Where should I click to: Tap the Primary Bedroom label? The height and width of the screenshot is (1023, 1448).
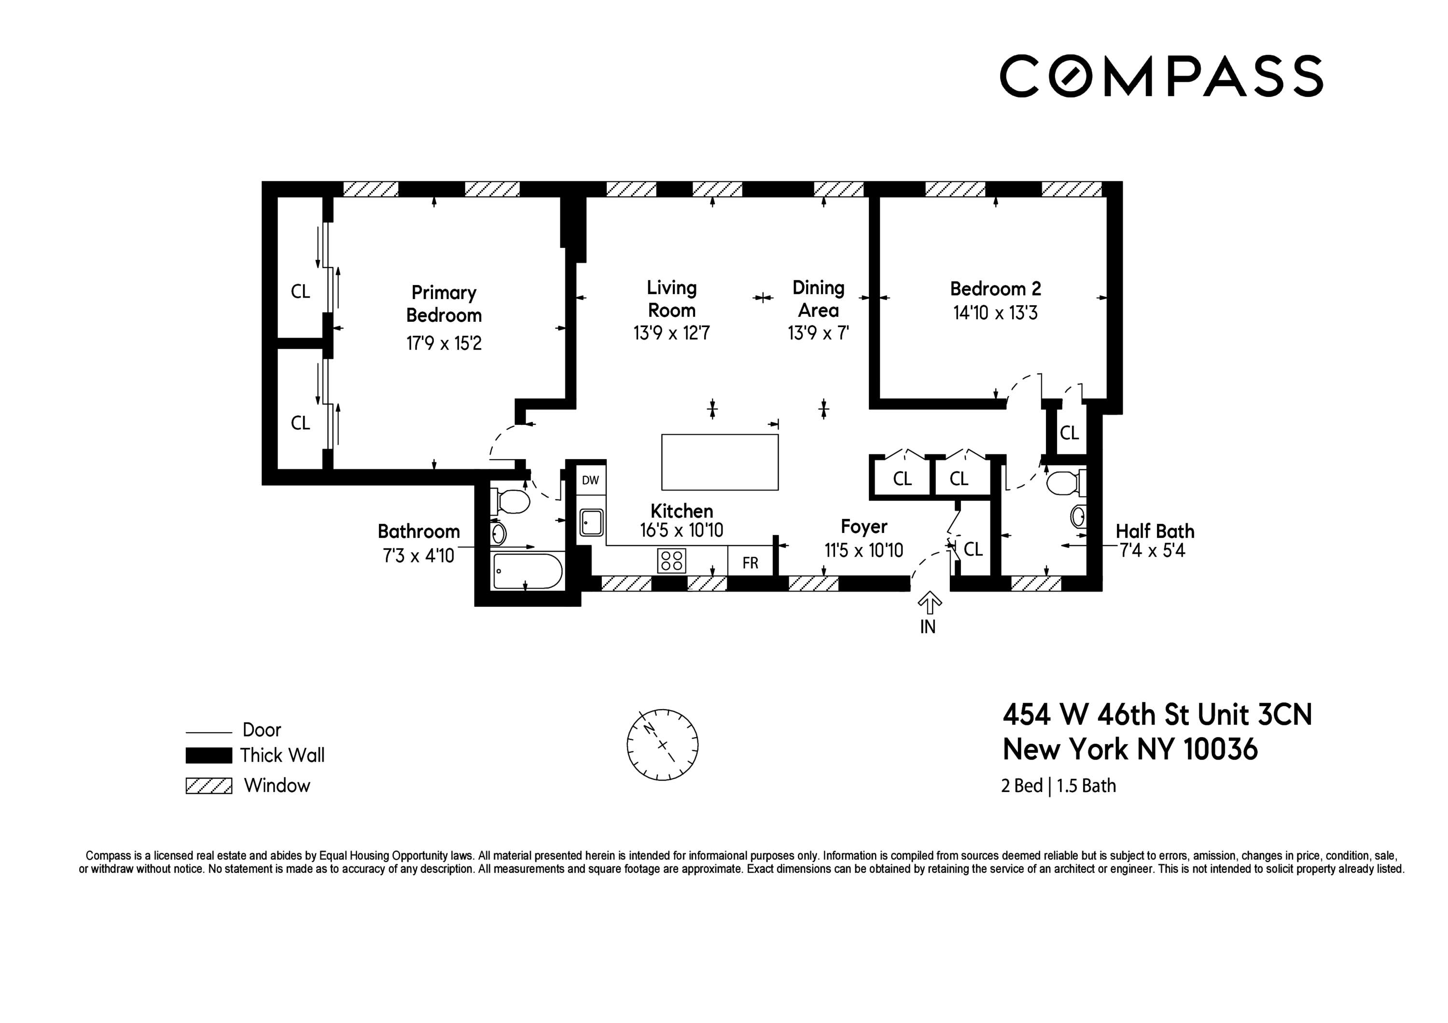[444, 304]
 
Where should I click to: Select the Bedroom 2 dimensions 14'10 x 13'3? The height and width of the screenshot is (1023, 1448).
[995, 313]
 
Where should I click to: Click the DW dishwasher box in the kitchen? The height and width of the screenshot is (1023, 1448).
[590, 480]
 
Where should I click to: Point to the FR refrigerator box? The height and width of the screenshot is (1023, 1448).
[750, 562]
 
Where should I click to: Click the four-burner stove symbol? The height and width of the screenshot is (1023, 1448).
[672, 560]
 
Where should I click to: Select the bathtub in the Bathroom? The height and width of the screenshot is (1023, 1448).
[527, 571]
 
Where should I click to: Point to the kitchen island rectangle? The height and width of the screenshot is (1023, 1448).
[720, 462]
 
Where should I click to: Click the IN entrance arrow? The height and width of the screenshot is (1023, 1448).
[928, 603]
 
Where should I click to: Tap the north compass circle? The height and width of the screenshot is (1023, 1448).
[662, 745]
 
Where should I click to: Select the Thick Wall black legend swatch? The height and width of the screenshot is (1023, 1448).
[209, 755]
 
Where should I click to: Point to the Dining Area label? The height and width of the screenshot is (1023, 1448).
[818, 299]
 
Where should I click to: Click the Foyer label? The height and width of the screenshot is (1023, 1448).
[863, 526]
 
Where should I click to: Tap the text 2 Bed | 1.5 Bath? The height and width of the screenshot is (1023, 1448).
[1058, 786]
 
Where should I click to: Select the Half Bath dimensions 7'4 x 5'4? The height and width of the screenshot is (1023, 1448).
[1152, 551]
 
